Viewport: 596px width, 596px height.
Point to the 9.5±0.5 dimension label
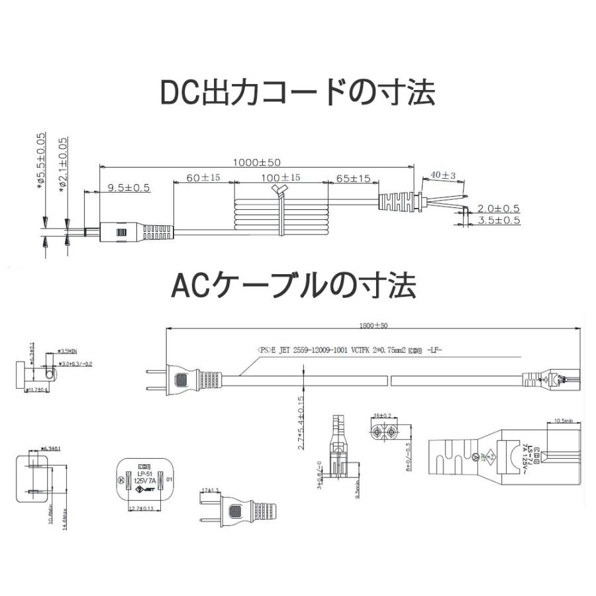(128, 187)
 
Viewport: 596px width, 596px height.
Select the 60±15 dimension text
(203, 179)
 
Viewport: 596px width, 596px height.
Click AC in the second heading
(191, 285)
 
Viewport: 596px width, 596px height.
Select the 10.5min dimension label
(565, 419)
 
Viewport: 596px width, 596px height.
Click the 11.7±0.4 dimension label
(37, 390)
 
